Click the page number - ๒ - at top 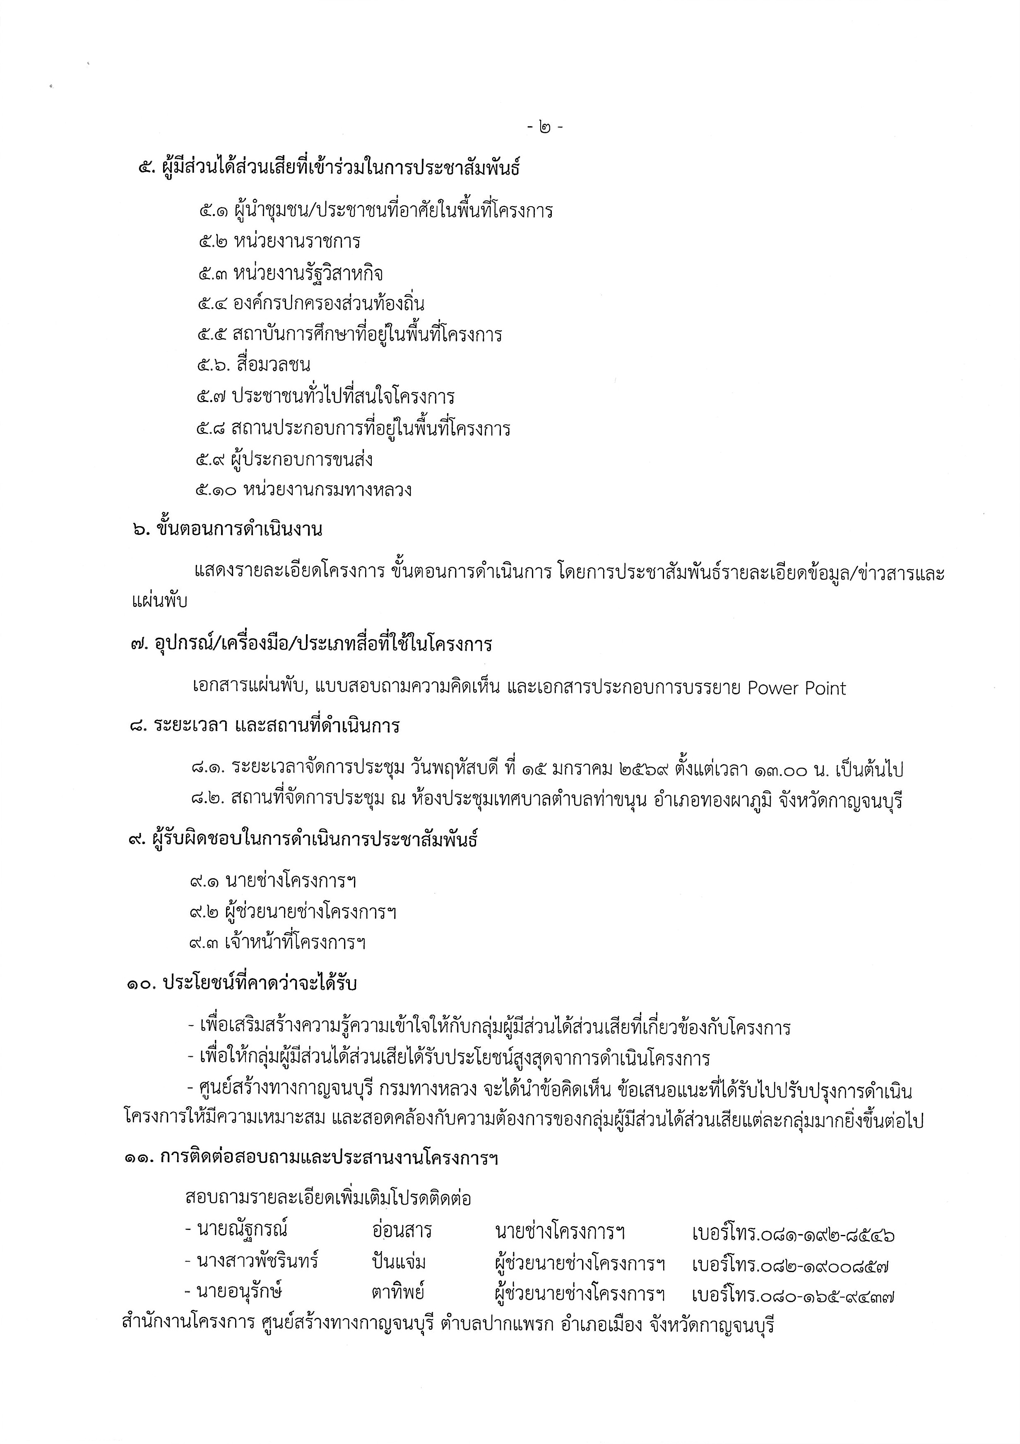545,128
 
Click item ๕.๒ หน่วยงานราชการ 279,241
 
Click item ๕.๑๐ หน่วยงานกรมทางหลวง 304,490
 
